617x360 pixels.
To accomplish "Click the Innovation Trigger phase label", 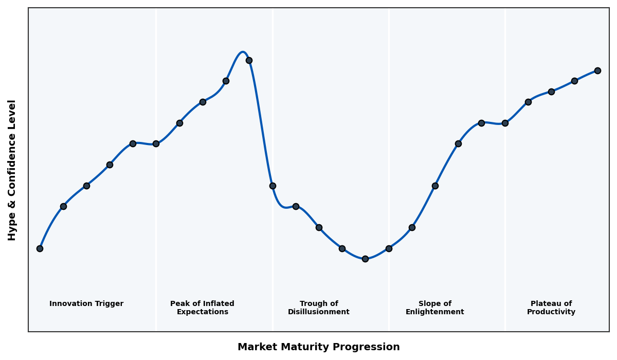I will point(86,304).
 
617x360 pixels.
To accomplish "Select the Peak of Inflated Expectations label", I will point(202,308).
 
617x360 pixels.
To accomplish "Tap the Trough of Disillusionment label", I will point(319,308).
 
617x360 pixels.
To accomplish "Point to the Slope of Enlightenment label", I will point(435,308).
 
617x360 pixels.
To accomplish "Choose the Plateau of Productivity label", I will point(551,308).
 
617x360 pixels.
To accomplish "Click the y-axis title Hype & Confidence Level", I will point(12,170).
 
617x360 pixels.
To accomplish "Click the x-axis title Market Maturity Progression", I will point(319,347).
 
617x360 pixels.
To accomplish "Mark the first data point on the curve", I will point(40,248).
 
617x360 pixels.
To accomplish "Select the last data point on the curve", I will point(597,70).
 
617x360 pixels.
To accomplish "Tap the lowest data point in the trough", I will point(365,259).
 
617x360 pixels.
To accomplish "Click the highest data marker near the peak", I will point(249,60).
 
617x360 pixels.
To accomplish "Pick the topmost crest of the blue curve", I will point(243,52).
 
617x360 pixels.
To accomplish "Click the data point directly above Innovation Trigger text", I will point(86,186).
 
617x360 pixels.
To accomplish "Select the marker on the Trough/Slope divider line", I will point(389,248).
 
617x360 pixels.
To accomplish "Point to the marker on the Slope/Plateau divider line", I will point(505,123).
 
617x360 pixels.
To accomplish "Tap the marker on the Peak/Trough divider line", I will point(273,186).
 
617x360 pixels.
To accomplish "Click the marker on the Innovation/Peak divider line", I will point(156,143).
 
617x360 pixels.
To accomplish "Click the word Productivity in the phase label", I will point(551,312).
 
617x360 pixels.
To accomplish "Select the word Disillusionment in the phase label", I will point(319,312).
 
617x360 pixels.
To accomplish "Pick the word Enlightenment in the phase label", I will point(435,312).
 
